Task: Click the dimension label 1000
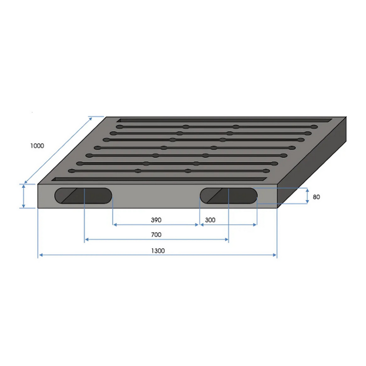click(x=37, y=146)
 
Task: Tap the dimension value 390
click(x=156, y=220)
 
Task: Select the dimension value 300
click(x=210, y=220)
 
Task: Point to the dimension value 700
click(x=156, y=234)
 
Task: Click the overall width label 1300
click(x=158, y=251)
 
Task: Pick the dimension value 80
click(x=316, y=197)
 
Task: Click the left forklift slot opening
click(x=83, y=196)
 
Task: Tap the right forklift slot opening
click(x=229, y=196)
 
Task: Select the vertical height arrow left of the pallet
click(x=24, y=196)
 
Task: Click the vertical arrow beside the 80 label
click(x=307, y=196)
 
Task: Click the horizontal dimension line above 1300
click(x=157, y=255)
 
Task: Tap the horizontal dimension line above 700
click(x=156, y=239)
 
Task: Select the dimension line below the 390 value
click(x=155, y=225)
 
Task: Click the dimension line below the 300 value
click(x=228, y=225)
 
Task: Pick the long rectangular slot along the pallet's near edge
click(x=159, y=178)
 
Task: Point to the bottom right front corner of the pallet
click(x=277, y=208)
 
